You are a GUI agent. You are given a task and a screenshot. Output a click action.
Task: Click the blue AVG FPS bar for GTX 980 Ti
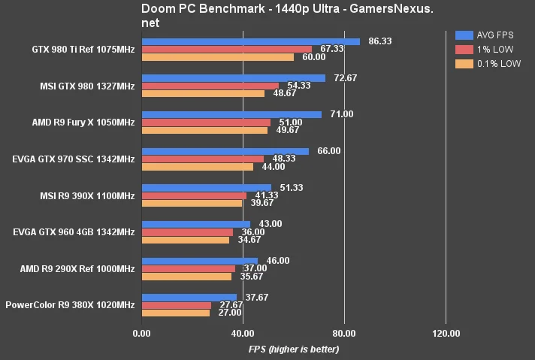point(251,41)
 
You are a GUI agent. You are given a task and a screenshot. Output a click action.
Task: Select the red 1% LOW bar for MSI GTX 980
point(210,86)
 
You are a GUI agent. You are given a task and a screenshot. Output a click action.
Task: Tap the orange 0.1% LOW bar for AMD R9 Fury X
point(204,130)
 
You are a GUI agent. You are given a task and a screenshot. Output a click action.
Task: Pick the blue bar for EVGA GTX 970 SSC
point(225,151)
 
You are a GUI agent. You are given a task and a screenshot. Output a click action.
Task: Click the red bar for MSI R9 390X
point(194,196)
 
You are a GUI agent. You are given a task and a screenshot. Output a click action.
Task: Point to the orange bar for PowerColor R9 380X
point(176,313)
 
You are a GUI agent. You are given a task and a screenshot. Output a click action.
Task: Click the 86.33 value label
point(380,41)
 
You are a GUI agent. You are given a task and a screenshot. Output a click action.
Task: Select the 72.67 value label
point(346,78)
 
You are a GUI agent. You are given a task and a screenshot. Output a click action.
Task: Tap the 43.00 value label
point(271,224)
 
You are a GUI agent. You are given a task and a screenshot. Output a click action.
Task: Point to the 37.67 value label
point(256,298)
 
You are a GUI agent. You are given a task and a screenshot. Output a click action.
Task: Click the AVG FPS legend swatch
point(464,35)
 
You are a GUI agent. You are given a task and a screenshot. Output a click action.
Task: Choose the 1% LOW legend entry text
point(494,50)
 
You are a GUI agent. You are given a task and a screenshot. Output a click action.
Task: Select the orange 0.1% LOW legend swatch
point(464,64)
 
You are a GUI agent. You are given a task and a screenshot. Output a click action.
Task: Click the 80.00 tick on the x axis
point(344,334)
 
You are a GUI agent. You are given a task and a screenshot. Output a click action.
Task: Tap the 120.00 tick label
point(446,334)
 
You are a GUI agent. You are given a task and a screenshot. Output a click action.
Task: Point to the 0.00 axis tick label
point(141,334)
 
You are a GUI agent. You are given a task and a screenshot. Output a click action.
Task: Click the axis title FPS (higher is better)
point(294,349)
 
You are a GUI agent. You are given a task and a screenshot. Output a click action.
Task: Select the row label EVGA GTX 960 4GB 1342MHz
point(74,232)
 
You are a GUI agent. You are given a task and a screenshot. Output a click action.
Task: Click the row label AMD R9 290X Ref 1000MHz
point(77,269)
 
